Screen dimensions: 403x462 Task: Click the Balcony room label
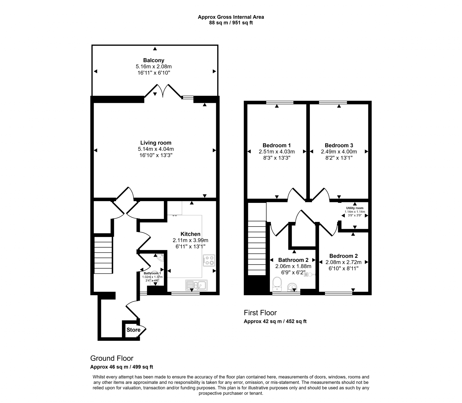[x=153, y=60]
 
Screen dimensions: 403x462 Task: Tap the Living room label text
[x=156, y=143]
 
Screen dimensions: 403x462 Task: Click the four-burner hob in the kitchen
[x=209, y=260]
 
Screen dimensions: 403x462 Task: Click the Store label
[x=133, y=330]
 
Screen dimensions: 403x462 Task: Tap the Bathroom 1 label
[x=152, y=273]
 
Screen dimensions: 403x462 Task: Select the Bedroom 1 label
[x=277, y=145]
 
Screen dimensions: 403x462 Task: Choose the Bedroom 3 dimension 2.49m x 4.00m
[x=339, y=151]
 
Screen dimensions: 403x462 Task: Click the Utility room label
[x=355, y=208]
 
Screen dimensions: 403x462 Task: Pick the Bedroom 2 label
[x=343, y=256]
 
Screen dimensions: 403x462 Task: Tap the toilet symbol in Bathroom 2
[x=277, y=284]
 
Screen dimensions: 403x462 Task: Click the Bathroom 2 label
[x=293, y=260]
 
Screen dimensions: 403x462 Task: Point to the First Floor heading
[x=260, y=313]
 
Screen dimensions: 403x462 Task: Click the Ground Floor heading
[x=112, y=358]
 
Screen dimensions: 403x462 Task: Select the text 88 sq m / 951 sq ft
[x=231, y=22]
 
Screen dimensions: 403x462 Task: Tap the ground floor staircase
[x=103, y=254]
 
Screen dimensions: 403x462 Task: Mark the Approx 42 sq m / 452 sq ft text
[x=275, y=321]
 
